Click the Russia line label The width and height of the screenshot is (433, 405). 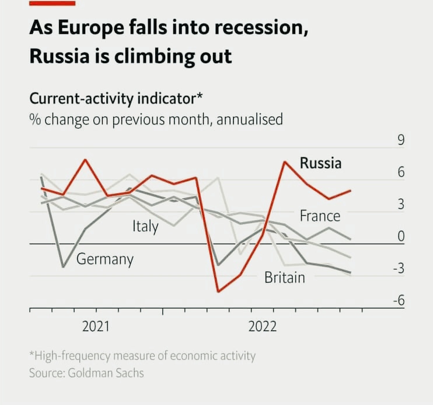click(320, 163)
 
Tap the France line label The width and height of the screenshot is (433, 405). click(320, 216)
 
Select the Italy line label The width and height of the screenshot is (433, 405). click(145, 226)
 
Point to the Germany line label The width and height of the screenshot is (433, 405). click(105, 259)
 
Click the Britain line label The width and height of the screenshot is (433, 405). click(285, 277)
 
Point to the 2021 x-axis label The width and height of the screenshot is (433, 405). click(96, 327)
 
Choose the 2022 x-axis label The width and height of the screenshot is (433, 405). click(263, 327)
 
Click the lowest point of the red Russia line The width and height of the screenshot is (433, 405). click(218, 291)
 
